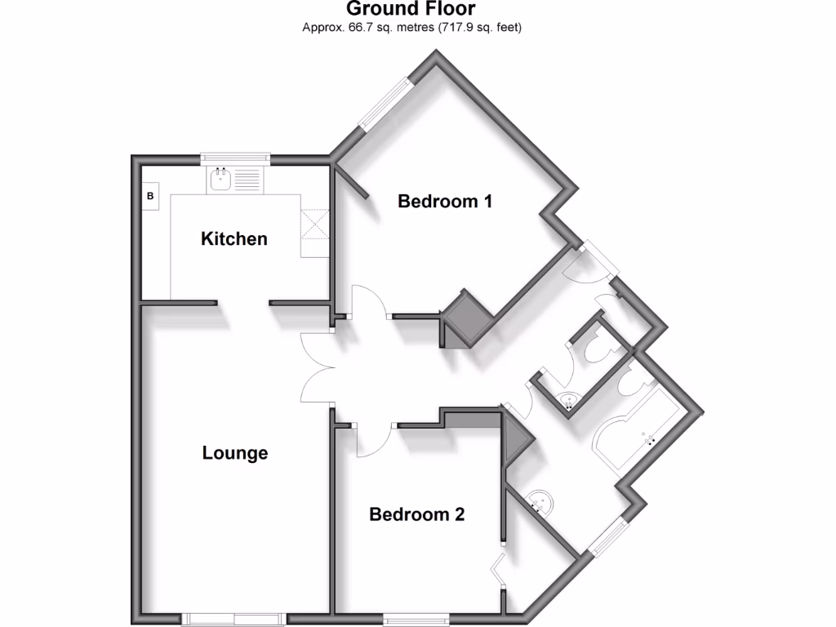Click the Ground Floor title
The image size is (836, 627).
tap(411, 9)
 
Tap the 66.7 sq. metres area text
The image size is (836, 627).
tap(411, 27)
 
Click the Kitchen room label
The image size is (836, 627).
tap(234, 239)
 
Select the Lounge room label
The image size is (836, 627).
tap(235, 453)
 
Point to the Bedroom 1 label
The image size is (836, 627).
tap(445, 201)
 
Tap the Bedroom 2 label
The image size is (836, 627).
tap(417, 514)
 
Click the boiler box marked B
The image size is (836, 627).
tap(150, 197)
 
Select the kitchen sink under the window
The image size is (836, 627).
tap(221, 180)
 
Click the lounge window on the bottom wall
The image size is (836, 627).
tap(233, 618)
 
